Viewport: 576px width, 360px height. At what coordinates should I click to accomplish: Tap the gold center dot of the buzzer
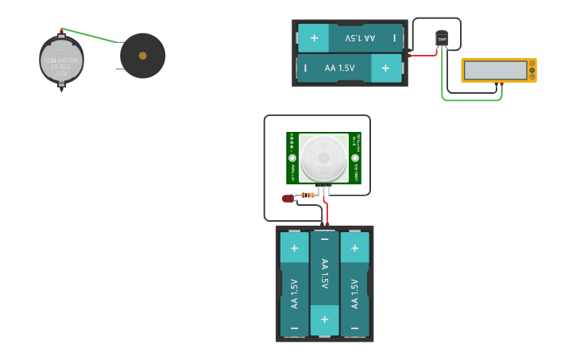click(142, 56)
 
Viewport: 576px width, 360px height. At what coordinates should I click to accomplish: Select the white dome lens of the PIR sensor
click(323, 157)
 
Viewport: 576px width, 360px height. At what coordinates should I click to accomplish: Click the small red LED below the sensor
click(288, 199)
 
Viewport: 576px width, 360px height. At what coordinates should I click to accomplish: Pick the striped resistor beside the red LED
click(307, 195)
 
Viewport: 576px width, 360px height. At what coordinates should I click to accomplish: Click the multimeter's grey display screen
click(494, 70)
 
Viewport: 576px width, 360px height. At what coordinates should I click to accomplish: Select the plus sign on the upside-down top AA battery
click(314, 37)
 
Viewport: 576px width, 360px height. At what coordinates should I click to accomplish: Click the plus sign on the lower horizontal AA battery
click(385, 68)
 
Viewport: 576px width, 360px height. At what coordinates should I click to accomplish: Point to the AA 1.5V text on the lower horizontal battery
click(340, 68)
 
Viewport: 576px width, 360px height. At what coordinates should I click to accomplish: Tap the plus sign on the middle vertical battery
click(324, 319)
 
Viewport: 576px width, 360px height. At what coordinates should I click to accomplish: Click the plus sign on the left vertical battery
click(294, 248)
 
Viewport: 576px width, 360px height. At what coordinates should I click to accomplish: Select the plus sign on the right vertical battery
click(354, 248)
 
